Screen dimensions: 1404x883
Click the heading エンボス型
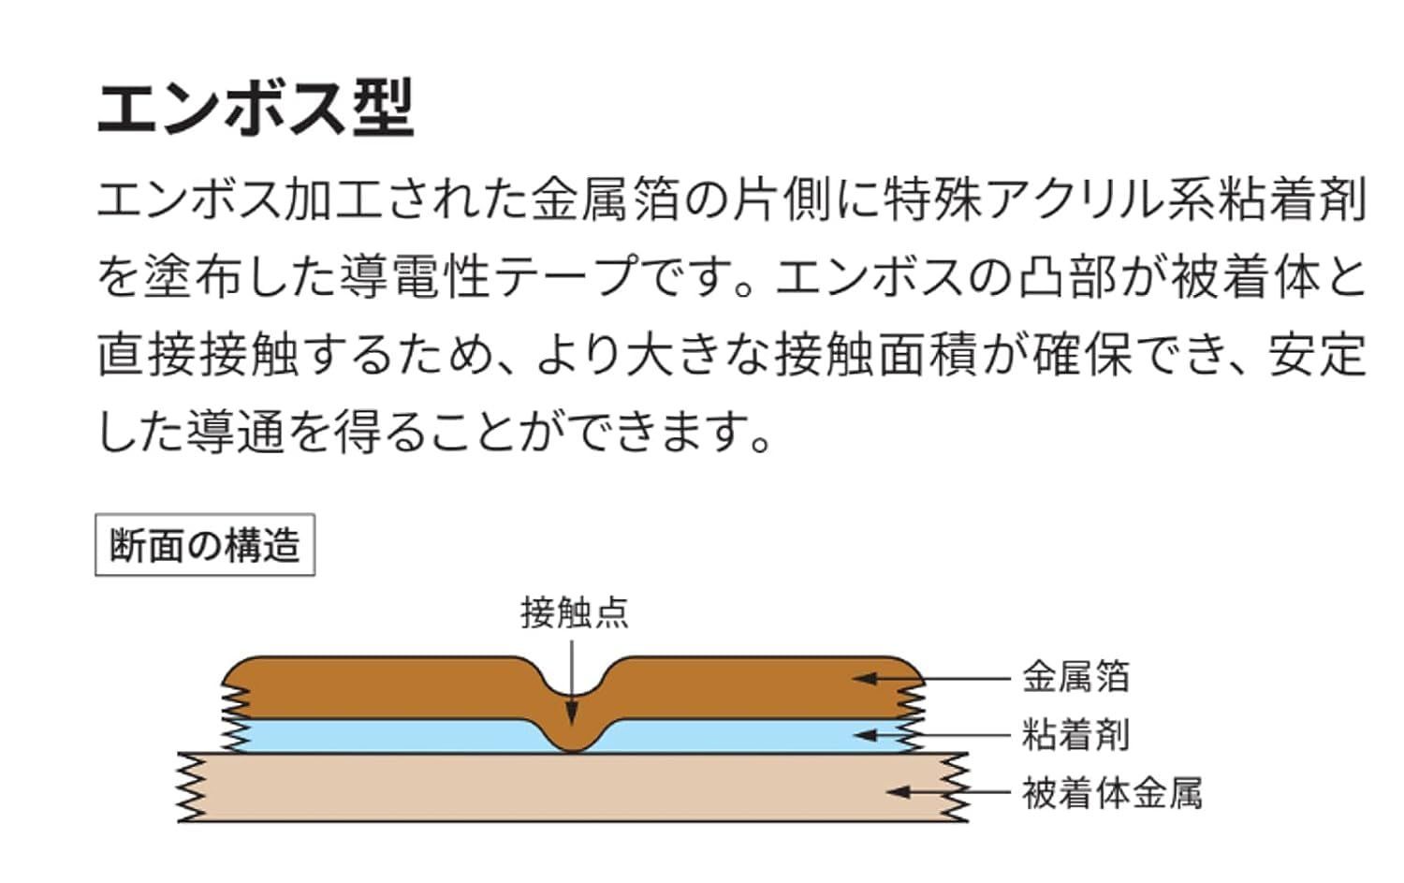[x=256, y=108]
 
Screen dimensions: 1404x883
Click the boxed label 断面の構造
[x=205, y=544]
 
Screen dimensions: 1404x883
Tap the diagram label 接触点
[x=574, y=612]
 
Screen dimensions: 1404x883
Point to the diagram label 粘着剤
[x=1075, y=734]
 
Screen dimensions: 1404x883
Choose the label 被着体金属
[x=1112, y=793]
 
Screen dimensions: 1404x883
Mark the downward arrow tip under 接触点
[x=572, y=725]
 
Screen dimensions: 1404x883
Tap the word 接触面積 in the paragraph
[x=875, y=355]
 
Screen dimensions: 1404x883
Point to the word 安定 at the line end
[x=1318, y=355]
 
